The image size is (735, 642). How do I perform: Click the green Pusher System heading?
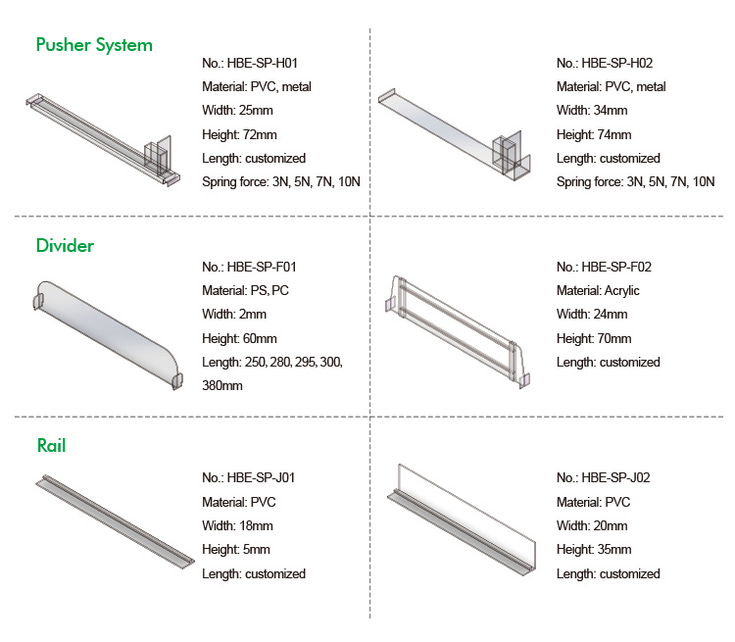(94, 45)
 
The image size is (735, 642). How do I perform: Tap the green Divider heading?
(65, 246)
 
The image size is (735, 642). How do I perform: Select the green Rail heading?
(52, 446)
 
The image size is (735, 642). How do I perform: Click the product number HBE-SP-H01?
(262, 63)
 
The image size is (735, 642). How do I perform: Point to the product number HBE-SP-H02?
(616, 63)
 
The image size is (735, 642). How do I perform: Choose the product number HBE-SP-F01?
(262, 267)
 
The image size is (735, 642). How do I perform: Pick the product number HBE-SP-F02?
(616, 267)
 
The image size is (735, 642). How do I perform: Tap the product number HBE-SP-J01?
(261, 477)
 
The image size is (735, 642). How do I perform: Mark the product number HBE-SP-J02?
(615, 477)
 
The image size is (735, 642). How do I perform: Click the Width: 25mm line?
(237, 110)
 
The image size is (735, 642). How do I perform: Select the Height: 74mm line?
(594, 134)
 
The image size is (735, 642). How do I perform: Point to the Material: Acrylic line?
(598, 291)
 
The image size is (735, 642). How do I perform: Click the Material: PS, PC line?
(245, 291)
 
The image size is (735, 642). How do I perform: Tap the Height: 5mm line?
(236, 549)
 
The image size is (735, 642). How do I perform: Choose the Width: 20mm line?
(592, 525)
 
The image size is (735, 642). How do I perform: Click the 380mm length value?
(222, 385)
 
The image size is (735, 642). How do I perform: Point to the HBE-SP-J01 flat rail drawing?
(115, 521)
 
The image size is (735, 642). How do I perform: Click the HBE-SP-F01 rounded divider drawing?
(108, 335)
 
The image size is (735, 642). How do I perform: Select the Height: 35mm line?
(594, 549)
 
